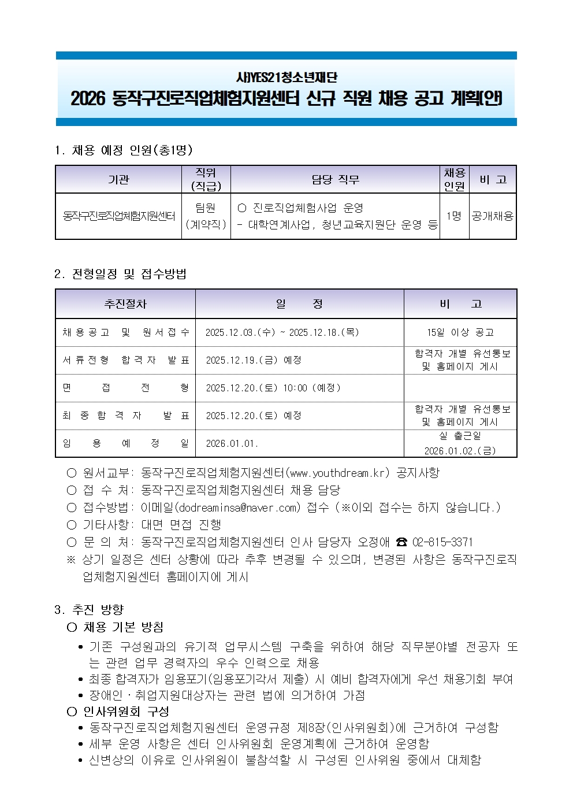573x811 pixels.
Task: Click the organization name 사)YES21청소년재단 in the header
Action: coord(286,77)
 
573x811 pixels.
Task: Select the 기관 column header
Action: coord(118,180)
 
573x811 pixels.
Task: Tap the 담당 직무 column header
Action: coord(335,180)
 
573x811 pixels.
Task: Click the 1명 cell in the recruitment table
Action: coord(454,216)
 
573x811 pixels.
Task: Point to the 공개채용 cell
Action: coord(493,216)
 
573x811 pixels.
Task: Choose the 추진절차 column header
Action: coord(125,304)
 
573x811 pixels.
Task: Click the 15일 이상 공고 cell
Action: coord(460,332)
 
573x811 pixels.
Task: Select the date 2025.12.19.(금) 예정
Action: coord(254,360)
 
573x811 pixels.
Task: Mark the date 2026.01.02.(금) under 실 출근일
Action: coord(460,451)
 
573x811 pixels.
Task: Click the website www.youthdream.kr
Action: coord(337,473)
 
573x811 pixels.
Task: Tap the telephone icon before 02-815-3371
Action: coord(401,542)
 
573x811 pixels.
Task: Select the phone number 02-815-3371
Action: coord(442,542)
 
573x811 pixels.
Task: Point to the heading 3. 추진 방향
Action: coord(89,609)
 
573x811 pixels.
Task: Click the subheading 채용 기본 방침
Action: coord(123,627)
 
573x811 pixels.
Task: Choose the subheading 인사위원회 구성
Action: coord(126,712)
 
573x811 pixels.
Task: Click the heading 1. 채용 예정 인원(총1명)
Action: coord(124,150)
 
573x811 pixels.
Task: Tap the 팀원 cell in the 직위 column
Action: coord(206,208)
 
